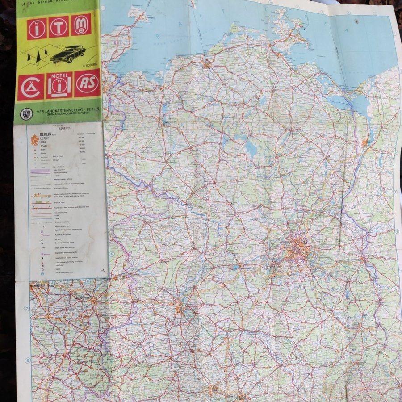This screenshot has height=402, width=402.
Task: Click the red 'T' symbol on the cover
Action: tap(59, 27)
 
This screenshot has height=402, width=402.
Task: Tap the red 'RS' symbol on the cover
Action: tap(87, 83)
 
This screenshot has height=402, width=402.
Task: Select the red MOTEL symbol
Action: tap(59, 84)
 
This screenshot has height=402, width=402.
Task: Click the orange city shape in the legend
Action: tap(34, 141)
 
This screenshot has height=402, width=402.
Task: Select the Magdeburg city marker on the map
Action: tap(179, 307)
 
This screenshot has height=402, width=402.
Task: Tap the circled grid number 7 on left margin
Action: tap(27, 308)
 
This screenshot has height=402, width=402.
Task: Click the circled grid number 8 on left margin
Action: tap(27, 360)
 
